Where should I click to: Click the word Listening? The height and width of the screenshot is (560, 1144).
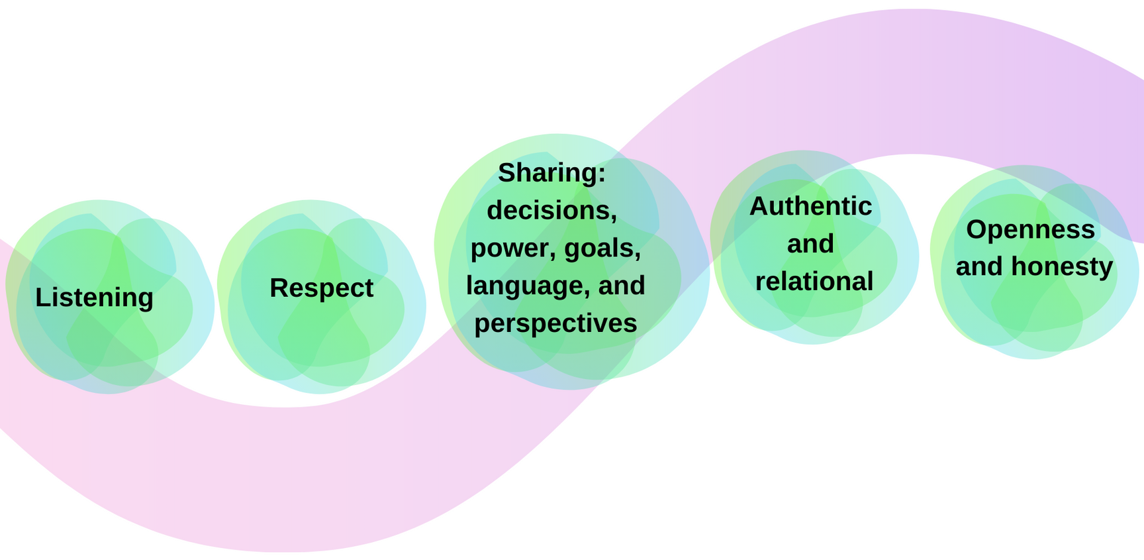(x=94, y=298)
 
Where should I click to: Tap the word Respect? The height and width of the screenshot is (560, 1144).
(x=321, y=288)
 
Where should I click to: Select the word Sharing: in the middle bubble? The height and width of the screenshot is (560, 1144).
(x=551, y=173)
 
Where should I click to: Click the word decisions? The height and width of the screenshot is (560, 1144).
(x=551, y=211)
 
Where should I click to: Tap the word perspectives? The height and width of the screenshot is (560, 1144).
(x=555, y=323)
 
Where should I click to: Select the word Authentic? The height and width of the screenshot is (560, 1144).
(x=810, y=206)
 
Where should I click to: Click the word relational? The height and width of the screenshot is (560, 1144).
(x=814, y=282)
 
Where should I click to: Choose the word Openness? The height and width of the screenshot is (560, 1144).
(x=1030, y=230)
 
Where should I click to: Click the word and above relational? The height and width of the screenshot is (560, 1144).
(x=810, y=244)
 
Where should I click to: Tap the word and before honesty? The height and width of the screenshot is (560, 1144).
(x=979, y=266)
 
